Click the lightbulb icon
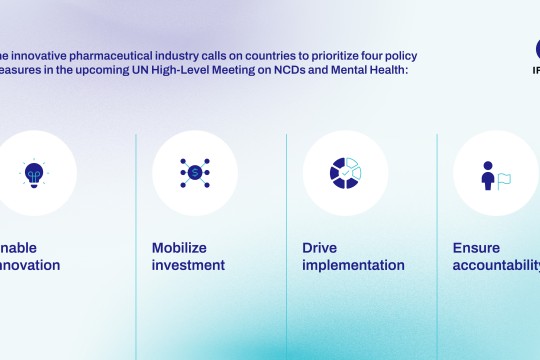(x=35, y=173)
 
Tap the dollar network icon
(x=195, y=173)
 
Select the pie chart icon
(x=345, y=173)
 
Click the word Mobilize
(x=179, y=247)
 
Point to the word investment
(x=188, y=265)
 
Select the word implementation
(x=353, y=265)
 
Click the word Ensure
(x=476, y=247)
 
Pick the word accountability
(x=495, y=265)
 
